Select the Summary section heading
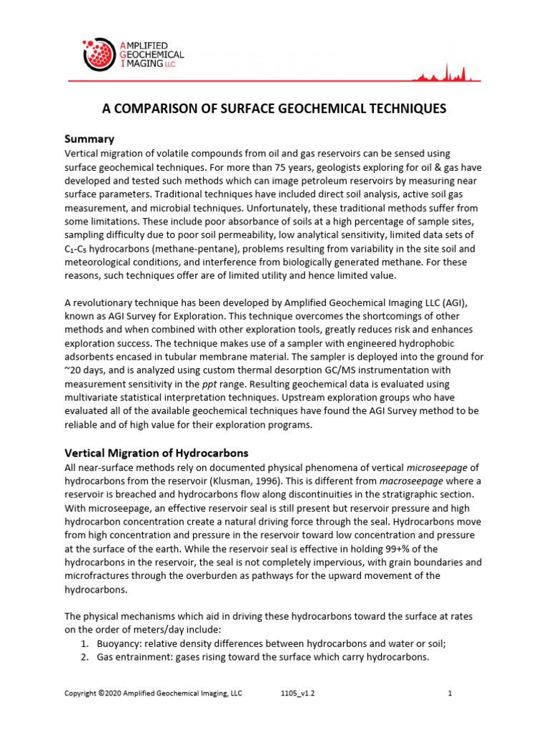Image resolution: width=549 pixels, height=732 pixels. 89,139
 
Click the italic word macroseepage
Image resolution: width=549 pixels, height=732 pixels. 422,480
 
